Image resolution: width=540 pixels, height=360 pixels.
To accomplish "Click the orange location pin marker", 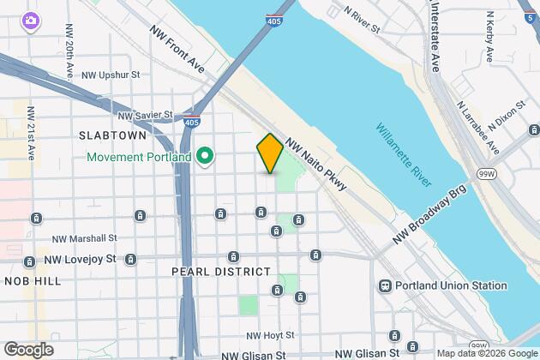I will [270, 153].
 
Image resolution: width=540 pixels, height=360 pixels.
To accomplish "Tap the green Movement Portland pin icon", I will [205, 157].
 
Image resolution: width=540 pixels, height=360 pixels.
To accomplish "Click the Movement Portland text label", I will [141, 157].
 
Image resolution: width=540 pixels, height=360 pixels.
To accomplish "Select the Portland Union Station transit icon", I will [386, 286].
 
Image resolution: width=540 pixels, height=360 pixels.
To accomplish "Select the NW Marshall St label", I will [84, 238].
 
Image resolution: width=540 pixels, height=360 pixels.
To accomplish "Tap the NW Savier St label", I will [145, 114].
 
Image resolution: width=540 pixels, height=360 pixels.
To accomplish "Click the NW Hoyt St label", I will [270, 335].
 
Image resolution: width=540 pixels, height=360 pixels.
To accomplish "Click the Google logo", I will [28, 349].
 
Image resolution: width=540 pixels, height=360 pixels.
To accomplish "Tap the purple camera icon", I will [31, 20].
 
